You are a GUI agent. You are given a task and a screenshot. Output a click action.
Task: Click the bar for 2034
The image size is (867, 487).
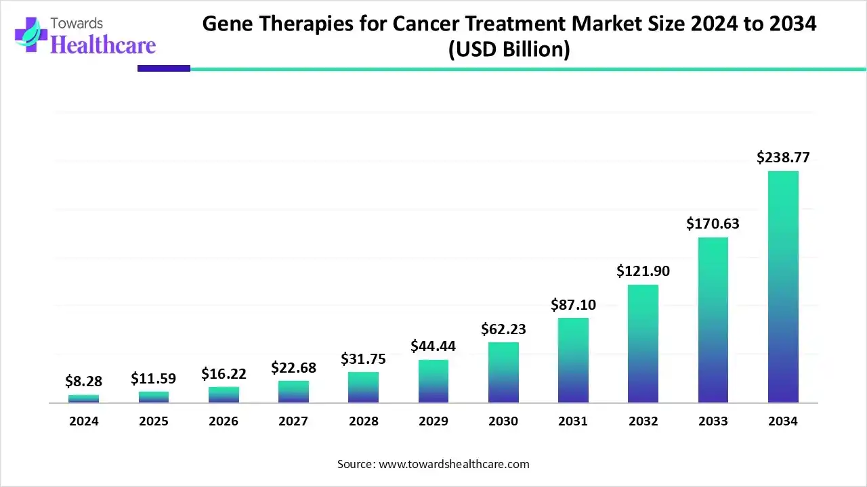783,287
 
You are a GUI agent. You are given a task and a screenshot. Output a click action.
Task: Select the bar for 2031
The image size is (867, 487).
573,361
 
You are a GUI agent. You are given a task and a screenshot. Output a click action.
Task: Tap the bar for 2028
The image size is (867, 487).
363,388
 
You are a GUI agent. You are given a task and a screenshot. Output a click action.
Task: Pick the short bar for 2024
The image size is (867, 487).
83,399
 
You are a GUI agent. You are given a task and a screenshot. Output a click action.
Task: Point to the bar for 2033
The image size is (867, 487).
713,320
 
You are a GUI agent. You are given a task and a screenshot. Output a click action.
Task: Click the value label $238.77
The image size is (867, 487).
783,158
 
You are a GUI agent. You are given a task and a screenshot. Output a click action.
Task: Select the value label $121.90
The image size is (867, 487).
643,271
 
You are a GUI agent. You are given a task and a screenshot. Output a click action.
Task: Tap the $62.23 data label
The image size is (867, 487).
503,329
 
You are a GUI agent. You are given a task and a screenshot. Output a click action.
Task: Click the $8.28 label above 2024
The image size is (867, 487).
83,381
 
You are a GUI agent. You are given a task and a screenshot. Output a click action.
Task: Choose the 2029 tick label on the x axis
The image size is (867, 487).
433,421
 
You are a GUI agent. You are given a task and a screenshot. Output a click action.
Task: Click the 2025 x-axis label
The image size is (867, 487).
154,421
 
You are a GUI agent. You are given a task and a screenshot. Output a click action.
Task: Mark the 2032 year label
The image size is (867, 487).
643,421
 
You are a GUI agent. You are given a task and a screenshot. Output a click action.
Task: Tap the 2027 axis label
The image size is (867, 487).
293,421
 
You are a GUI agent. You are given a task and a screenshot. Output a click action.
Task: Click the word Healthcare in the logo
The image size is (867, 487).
103,45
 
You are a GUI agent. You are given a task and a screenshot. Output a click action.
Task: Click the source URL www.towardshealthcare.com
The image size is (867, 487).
452,464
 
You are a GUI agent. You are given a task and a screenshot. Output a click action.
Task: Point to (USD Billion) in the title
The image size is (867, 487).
509,49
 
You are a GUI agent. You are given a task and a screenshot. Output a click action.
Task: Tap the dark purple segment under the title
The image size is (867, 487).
163,68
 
